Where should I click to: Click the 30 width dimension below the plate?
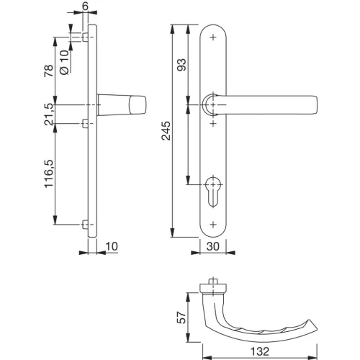click(x=213, y=246)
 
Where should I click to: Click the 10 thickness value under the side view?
click(x=110, y=246)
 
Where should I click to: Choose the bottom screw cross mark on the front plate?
click(x=214, y=225)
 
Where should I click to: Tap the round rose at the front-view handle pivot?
click(x=210, y=105)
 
